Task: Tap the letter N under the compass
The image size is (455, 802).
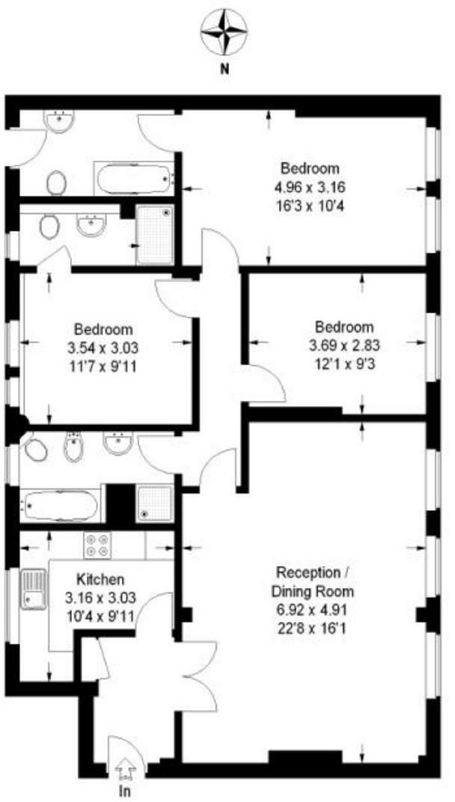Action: (224, 70)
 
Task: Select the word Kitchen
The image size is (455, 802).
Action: (100, 579)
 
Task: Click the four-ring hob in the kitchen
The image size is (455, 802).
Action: (97, 544)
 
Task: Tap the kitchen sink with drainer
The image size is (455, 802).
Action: (32, 590)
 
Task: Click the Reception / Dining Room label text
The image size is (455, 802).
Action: (314, 582)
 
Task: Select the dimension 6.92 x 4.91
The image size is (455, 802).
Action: (314, 610)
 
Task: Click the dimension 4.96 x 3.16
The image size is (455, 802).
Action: (310, 186)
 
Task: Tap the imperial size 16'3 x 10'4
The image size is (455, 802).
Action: (310, 203)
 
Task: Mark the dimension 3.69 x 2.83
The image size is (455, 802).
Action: (343, 345)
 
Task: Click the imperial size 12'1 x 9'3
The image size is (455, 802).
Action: (343, 362)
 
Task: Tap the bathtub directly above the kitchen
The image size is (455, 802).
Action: (61, 505)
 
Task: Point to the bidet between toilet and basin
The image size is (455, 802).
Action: (73, 449)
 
